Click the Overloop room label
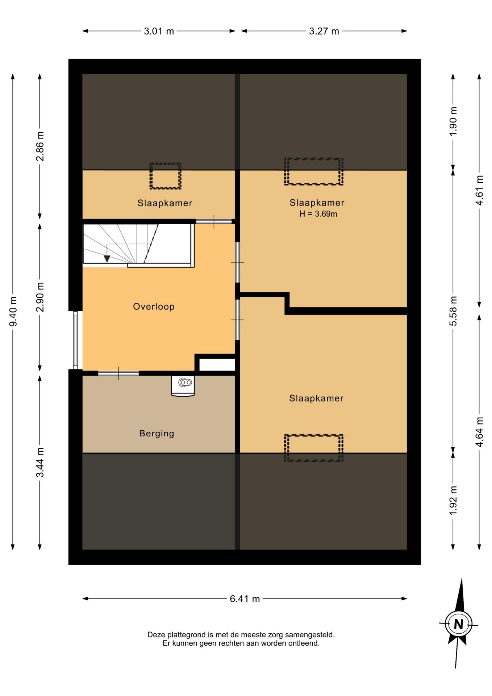154,307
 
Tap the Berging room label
157,434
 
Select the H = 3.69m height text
318,214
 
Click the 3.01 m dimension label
159,31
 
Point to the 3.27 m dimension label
324,31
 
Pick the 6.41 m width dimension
245,599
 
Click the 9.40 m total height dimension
13,311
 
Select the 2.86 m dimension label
40,146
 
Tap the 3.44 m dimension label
40,462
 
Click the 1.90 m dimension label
453,121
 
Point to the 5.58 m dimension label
453,311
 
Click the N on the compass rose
458,624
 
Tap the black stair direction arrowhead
107,259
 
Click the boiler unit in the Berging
183,386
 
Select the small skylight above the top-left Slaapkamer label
165,176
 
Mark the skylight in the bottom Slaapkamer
313,448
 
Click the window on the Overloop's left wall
75,340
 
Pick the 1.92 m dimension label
453,501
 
